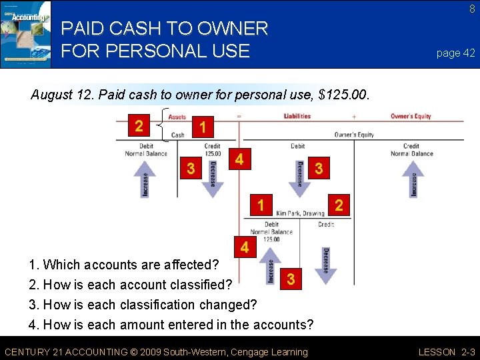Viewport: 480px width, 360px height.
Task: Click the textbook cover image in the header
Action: coord(25,34)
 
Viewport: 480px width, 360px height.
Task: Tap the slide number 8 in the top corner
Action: coord(472,9)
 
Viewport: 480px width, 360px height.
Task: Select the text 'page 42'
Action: coord(456,53)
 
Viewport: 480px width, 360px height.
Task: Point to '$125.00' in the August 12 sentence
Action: coord(344,95)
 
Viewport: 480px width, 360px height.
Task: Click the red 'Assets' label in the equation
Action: coord(177,117)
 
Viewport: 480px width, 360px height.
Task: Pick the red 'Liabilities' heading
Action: coord(297,116)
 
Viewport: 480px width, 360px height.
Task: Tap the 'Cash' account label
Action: coord(178,135)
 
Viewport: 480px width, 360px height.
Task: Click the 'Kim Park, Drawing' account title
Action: coord(300,213)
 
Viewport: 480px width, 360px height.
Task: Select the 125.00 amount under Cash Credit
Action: coord(213,153)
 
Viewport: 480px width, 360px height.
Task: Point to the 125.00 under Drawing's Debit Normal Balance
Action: coord(271,239)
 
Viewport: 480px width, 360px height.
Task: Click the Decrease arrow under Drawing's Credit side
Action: coord(325,265)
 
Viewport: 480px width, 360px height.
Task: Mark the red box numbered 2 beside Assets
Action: coord(139,125)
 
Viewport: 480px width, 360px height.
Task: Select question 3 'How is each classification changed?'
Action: coord(143,305)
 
